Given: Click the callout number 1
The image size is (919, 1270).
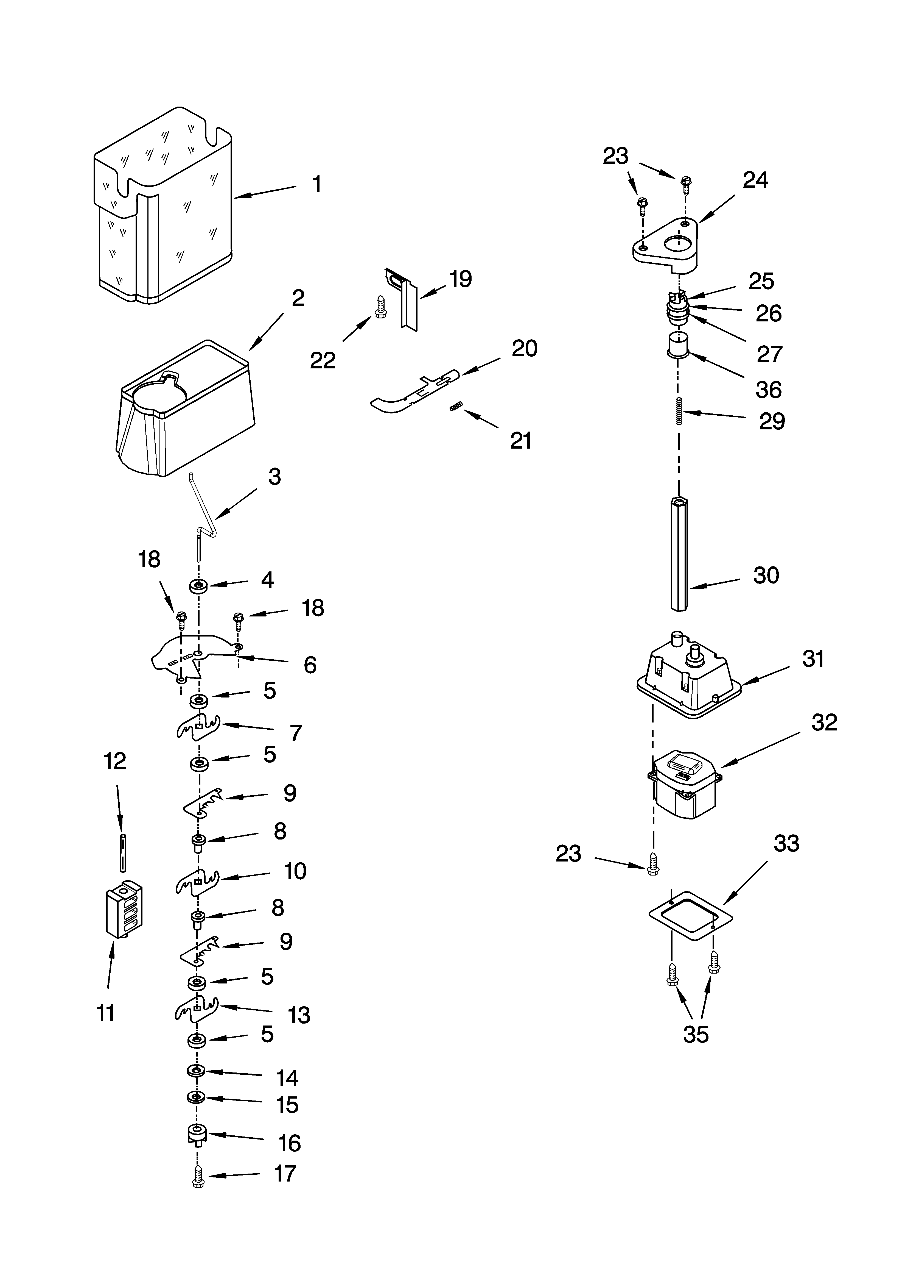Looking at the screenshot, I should click(x=317, y=184).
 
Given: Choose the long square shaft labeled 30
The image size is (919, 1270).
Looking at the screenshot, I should click(x=679, y=554).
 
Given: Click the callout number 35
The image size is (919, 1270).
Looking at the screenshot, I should click(x=696, y=1034).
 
